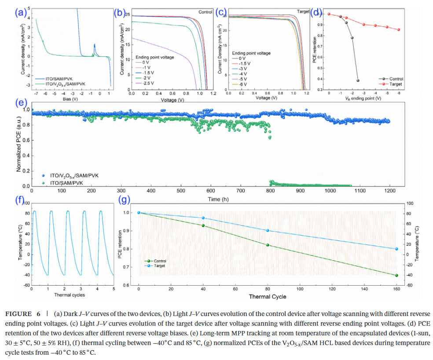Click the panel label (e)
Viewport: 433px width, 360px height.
coord(20,104)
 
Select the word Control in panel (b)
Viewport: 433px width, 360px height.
coord(205,12)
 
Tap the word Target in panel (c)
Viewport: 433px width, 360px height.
coord(303,11)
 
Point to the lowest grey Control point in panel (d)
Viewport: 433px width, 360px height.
coord(358,80)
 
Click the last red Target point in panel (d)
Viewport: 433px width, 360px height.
coord(399,30)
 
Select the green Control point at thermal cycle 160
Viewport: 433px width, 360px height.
coord(396,276)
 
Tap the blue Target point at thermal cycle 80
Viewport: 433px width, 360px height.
coord(268,230)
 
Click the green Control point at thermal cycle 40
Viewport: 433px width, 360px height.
coord(203,225)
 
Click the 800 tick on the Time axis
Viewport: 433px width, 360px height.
coord(269,191)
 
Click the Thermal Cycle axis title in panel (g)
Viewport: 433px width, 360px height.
coord(267,297)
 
